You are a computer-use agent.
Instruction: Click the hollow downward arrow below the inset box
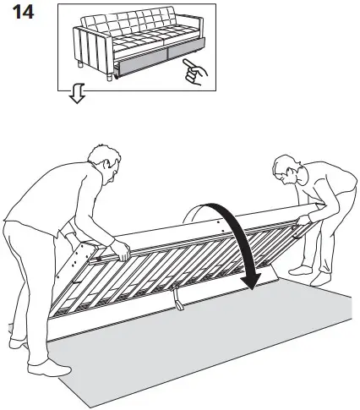77,98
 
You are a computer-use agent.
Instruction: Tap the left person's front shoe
60,365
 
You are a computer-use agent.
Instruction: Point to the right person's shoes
308,274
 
